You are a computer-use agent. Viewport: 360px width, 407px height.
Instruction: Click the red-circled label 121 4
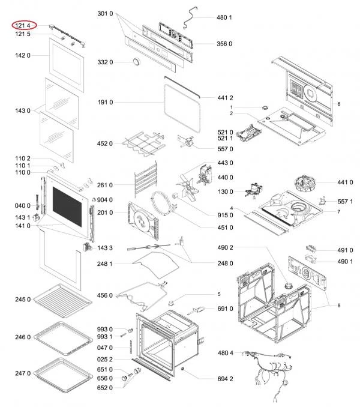click(x=23, y=25)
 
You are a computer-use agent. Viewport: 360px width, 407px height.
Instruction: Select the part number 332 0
click(x=105, y=62)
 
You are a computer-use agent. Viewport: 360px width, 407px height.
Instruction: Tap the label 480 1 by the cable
click(x=224, y=17)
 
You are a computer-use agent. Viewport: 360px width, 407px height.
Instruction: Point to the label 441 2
click(x=225, y=98)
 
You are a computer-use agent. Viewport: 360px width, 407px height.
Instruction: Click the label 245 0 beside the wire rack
click(x=23, y=300)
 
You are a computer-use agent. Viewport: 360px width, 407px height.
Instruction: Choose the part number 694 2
click(x=225, y=379)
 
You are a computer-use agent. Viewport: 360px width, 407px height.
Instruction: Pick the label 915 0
click(x=225, y=215)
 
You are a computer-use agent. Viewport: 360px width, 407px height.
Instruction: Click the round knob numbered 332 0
click(x=136, y=62)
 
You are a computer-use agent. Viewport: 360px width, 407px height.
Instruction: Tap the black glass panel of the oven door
click(x=67, y=207)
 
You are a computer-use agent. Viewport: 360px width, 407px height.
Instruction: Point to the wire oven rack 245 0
click(x=62, y=301)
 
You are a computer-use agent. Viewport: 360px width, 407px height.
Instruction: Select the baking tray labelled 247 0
click(x=63, y=375)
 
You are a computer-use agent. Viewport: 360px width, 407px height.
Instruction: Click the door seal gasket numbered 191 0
click(x=182, y=108)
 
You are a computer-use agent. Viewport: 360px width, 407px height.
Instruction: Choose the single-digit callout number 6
click(x=339, y=104)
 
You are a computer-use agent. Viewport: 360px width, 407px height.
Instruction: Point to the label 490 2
click(x=225, y=248)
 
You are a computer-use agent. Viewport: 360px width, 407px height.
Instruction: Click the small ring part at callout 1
click(x=265, y=107)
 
